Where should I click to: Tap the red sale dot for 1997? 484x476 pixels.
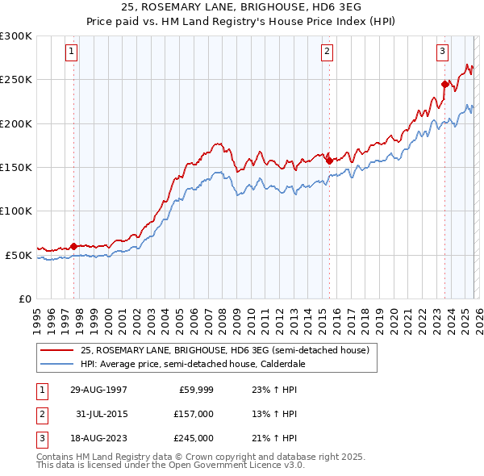(74, 246)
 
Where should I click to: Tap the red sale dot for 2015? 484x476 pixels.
(329, 161)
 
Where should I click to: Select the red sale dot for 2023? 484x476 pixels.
(444, 83)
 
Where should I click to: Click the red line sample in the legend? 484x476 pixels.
(57, 351)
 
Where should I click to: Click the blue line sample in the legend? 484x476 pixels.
(57, 363)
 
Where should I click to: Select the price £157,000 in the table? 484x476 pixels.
(193, 414)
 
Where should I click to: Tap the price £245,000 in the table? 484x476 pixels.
(193, 438)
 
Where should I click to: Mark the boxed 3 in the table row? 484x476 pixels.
(41, 438)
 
